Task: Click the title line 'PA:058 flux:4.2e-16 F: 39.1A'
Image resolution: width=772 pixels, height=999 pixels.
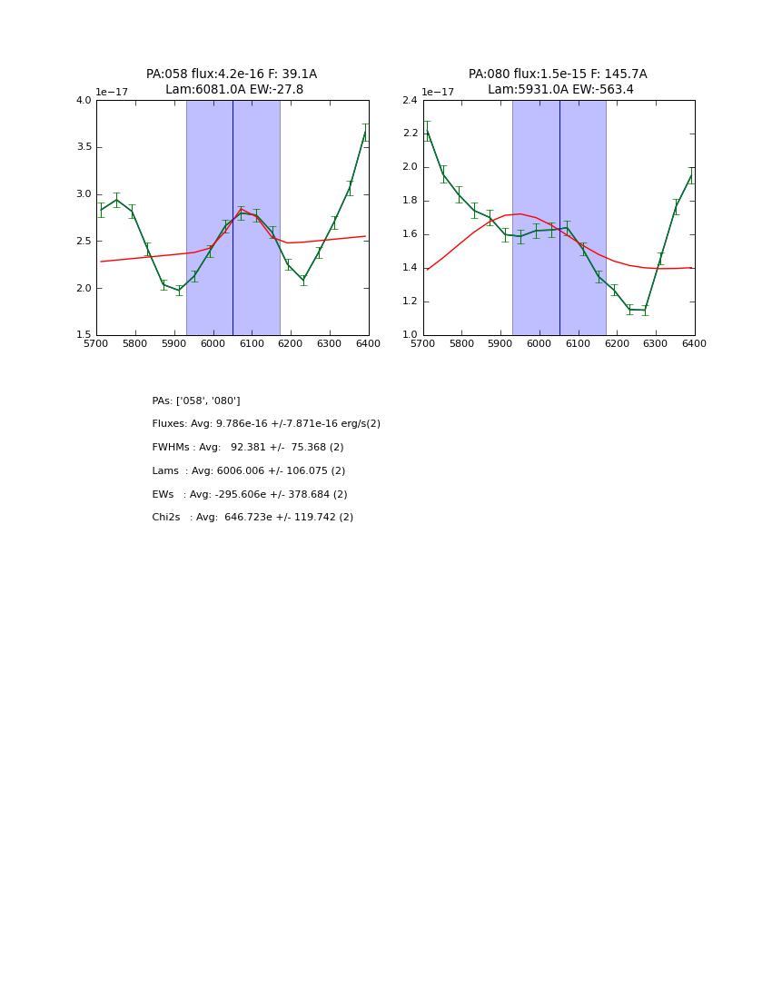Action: click(232, 74)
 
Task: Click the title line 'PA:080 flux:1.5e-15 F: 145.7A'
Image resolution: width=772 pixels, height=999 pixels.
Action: click(558, 74)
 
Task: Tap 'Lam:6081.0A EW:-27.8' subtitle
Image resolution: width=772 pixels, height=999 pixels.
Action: click(234, 90)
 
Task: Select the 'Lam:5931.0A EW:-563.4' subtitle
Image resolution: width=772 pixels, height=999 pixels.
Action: click(560, 90)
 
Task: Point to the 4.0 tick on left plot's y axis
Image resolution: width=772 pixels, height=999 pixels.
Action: click(84, 101)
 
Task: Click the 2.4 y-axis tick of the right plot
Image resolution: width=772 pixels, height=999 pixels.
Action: click(410, 101)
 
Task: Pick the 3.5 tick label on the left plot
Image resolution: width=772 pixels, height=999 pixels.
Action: click(84, 147)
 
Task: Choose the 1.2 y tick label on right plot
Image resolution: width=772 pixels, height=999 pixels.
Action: click(410, 302)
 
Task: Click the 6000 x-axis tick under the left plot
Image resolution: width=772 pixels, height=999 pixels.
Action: click(213, 343)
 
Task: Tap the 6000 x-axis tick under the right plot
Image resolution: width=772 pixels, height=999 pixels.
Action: click(539, 343)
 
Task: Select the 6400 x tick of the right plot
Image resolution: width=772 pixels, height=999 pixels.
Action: click(695, 343)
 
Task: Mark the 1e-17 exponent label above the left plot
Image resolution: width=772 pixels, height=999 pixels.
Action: click(112, 93)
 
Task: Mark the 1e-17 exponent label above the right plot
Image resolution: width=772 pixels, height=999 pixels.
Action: click(438, 93)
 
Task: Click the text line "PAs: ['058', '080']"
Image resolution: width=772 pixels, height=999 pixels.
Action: click(196, 401)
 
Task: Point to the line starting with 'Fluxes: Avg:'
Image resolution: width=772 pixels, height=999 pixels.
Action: click(266, 424)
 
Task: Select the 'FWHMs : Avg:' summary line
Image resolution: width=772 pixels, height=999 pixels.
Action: click(248, 448)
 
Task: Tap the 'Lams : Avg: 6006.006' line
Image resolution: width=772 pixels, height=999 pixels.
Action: click(249, 471)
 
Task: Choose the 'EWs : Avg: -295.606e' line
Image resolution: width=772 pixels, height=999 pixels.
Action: click(250, 495)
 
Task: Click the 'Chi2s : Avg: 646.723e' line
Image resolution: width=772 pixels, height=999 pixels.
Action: click(252, 518)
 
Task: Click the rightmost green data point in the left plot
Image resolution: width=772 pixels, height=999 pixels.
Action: click(365, 133)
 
